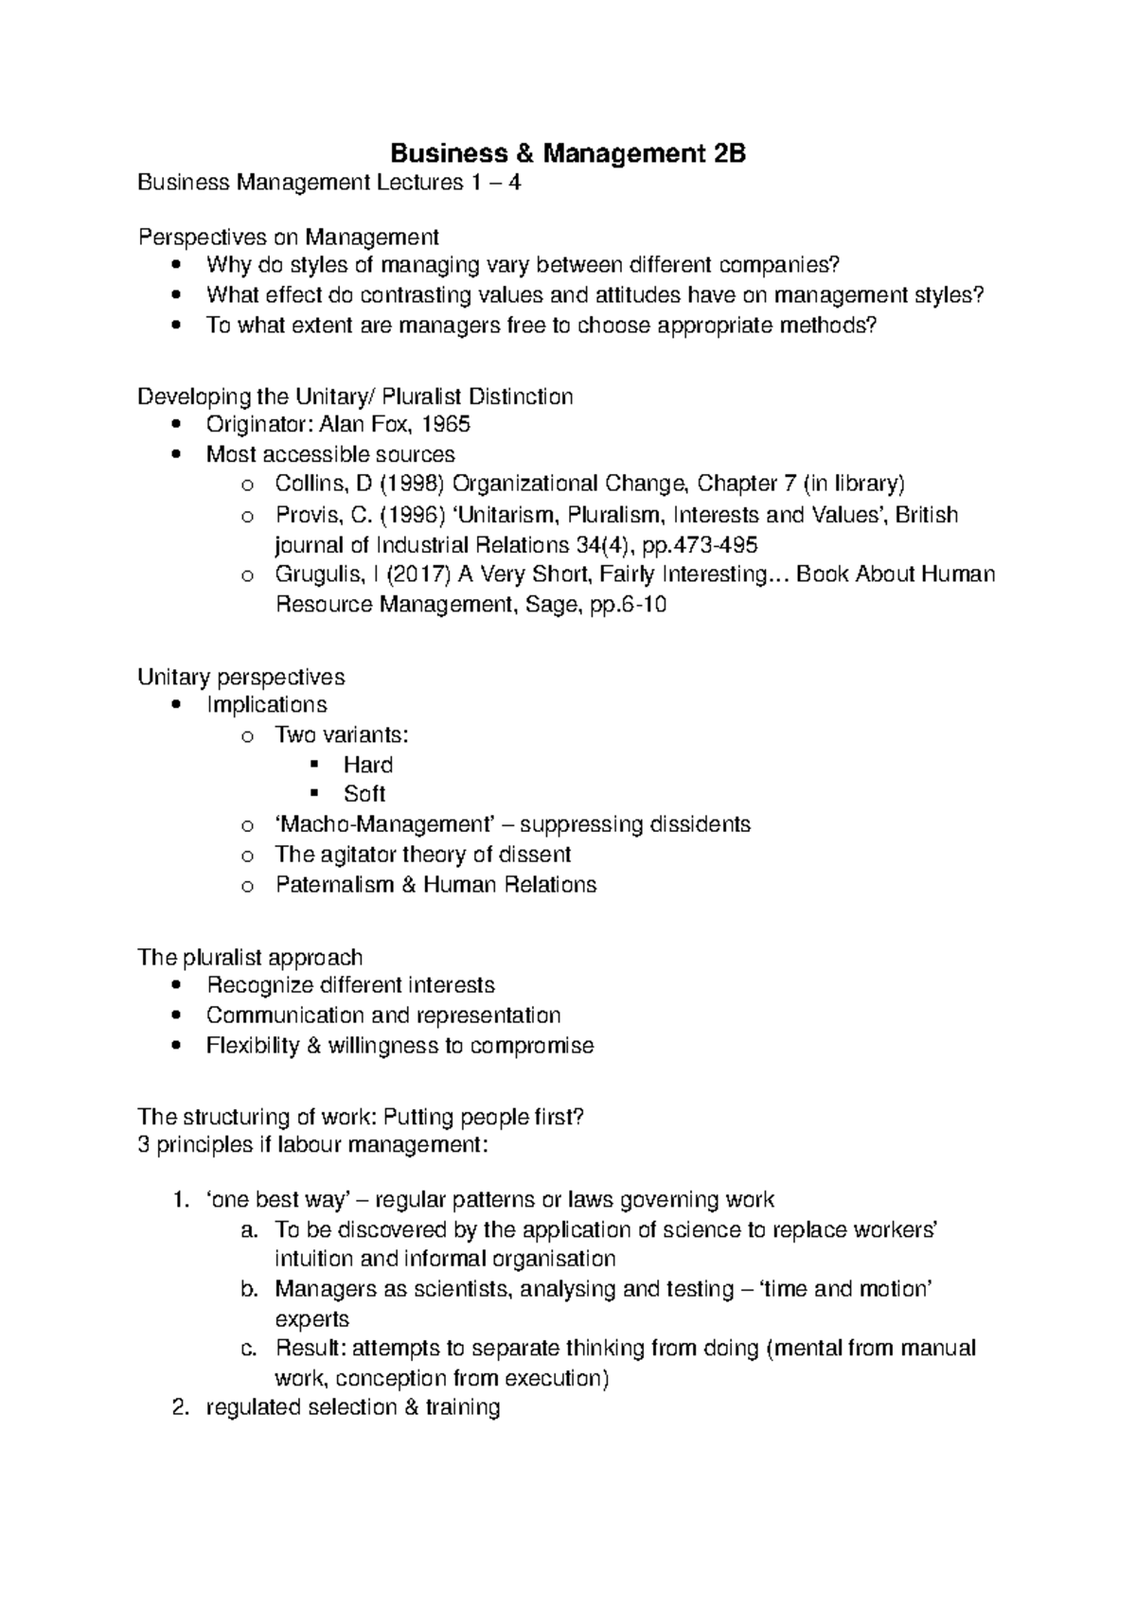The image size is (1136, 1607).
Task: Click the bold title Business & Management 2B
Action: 569,154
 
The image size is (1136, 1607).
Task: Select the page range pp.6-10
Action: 628,606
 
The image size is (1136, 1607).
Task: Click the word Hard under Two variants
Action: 368,765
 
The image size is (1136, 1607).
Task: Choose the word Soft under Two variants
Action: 364,794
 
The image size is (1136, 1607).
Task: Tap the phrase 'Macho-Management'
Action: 388,825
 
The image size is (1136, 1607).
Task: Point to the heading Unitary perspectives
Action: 240,678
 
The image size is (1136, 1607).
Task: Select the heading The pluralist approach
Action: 250,958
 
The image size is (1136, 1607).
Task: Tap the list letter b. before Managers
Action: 249,1290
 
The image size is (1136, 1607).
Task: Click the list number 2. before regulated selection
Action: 181,1408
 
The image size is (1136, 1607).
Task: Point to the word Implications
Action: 266,706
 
